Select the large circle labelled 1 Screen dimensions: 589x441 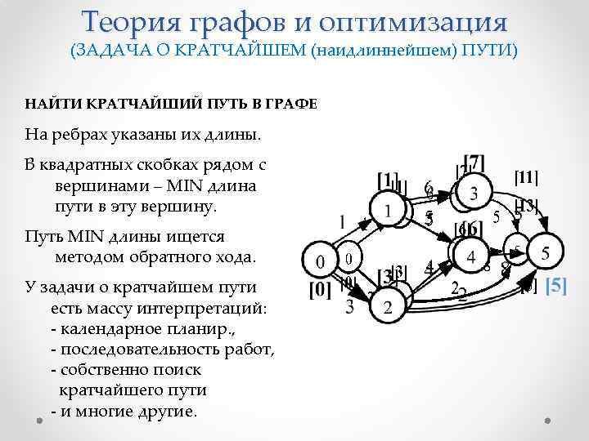(388, 211)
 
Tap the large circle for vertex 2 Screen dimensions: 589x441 (388, 307)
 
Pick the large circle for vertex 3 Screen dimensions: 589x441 (473, 194)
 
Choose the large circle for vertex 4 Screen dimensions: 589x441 (470, 256)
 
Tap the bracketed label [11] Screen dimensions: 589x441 (526, 176)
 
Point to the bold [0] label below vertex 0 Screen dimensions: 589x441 (319, 289)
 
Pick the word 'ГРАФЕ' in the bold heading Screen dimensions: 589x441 (292, 104)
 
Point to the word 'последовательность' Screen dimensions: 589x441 (137, 350)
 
